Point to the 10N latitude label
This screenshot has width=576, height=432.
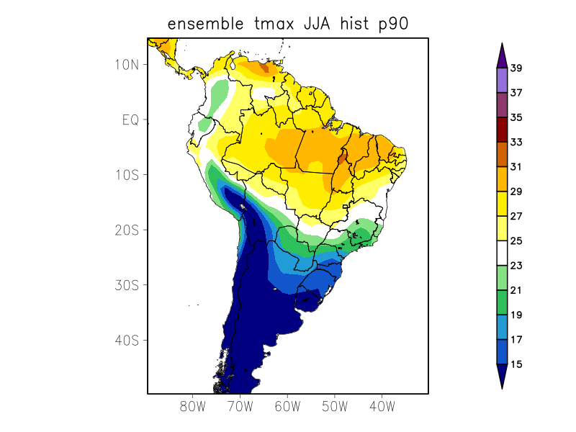(127, 64)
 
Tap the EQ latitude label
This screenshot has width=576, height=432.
(130, 120)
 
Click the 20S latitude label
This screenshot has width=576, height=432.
(127, 230)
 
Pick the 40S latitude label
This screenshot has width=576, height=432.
(127, 340)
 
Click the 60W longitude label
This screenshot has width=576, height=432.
(287, 406)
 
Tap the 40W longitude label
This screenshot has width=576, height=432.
(382, 406)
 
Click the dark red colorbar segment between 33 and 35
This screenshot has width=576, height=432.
(502, 130)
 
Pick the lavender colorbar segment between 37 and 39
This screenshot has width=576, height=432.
(502, 81)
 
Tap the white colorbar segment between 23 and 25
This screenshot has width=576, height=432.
(502, 253)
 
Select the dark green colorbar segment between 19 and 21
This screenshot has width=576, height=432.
(502, 302)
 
